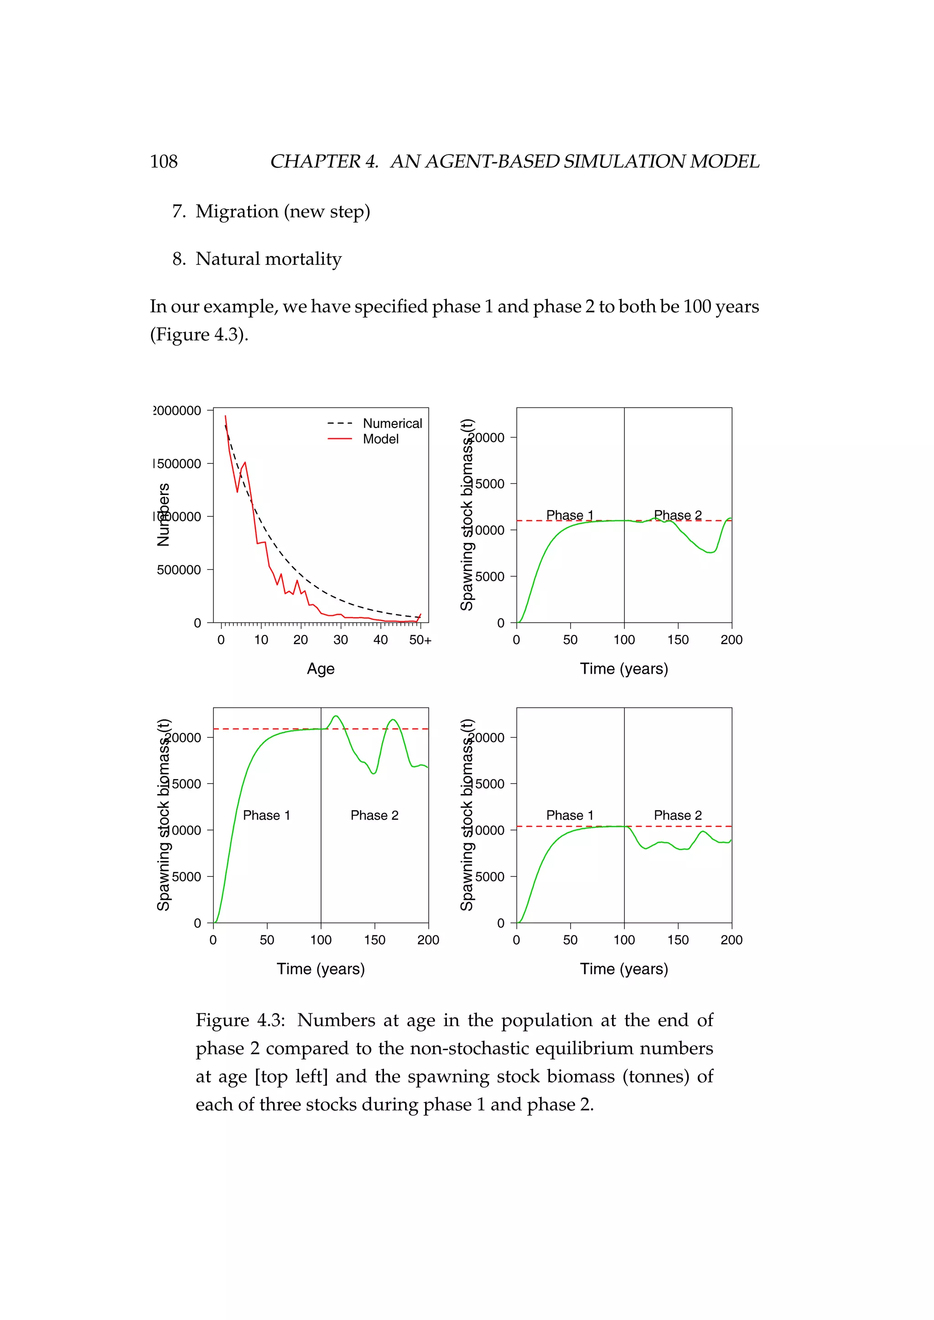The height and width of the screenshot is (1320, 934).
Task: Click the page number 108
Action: [163, 161]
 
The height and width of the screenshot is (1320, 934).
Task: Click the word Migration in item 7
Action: [237, 211]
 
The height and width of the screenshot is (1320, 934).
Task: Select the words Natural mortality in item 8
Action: [268, 259]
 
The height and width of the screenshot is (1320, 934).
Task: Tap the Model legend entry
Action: [380, 439]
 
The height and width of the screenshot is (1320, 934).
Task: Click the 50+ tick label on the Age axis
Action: [420, 640]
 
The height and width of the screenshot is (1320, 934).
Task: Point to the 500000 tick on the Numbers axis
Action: [179, 570]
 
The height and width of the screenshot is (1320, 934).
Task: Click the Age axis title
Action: [320, 669]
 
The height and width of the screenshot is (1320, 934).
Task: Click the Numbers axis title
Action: [164, 515]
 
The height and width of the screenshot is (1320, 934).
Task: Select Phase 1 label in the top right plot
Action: [569, 515]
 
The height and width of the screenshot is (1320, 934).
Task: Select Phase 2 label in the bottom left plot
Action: [374, 815]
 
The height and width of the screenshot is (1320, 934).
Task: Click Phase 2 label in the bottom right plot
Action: [678, 815]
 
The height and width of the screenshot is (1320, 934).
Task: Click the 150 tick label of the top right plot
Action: [678, 640]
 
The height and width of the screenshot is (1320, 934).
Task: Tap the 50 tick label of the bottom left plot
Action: [267, 940]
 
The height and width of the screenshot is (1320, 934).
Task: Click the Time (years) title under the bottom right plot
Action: [623, 969]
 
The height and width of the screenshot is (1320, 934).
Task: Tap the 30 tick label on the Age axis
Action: [341, 640]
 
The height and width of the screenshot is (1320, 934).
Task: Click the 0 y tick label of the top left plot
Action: [197, 623]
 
